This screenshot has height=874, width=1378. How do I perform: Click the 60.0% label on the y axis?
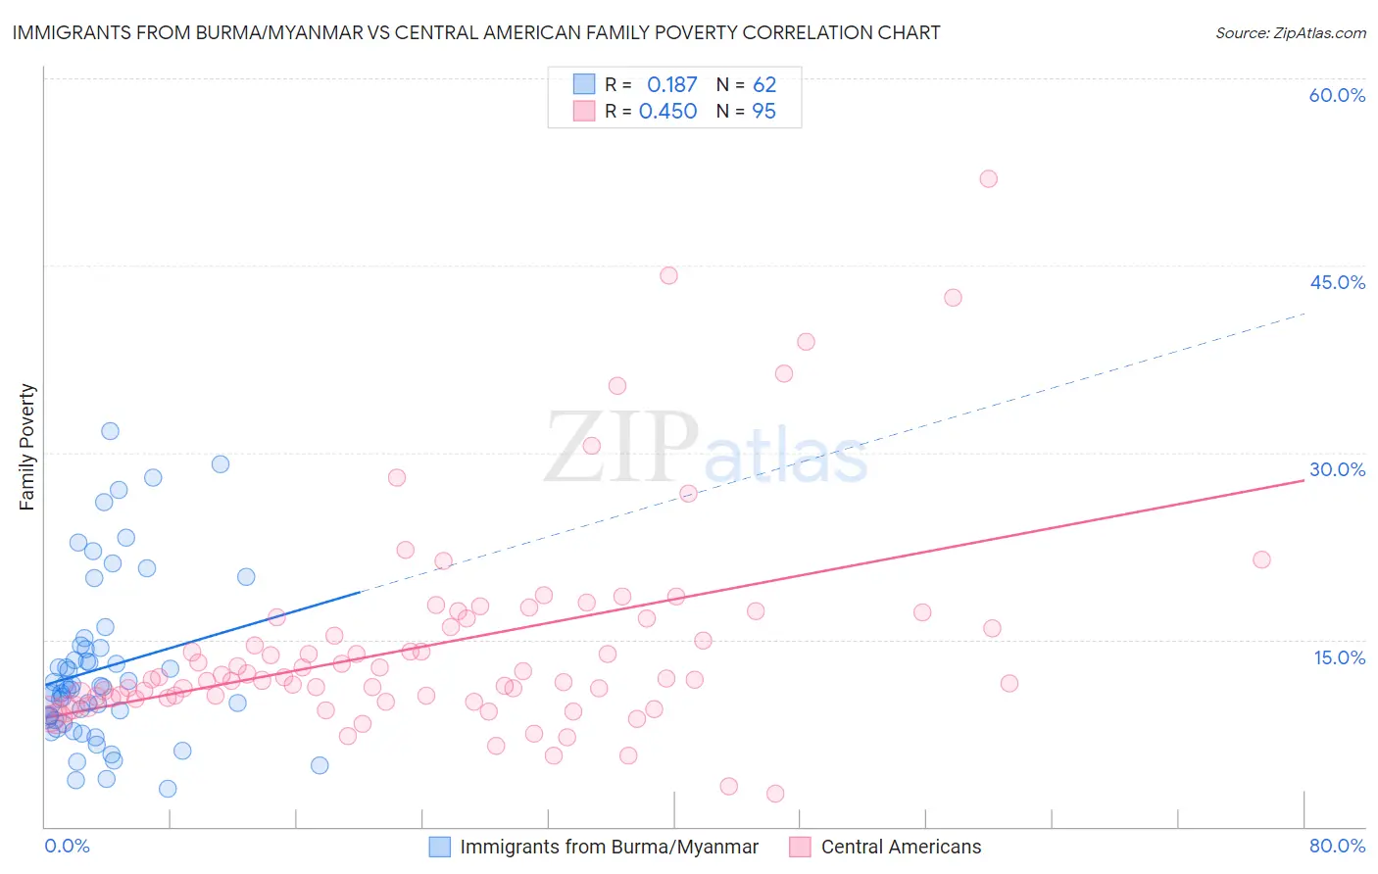point(1337,95)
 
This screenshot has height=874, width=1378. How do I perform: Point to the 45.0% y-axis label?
point(1337,282)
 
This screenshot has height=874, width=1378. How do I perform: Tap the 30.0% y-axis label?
point(1337,469)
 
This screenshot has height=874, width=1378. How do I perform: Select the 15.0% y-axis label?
point(1339,657)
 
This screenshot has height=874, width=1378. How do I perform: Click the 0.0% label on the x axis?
point(67,846)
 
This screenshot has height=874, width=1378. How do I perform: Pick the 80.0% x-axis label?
point(1337,846)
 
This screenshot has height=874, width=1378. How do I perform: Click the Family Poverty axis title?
point(27,447)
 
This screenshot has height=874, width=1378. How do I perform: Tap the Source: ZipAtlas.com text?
point(1290,32)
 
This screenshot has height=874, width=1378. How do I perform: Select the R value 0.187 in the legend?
point(671,85)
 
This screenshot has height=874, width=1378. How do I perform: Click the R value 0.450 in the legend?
point(667,112)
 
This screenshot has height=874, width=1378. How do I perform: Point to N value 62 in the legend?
point(764,85)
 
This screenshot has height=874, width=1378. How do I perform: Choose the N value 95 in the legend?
point(763,112)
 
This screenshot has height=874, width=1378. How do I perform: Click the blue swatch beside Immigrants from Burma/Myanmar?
point(440,847)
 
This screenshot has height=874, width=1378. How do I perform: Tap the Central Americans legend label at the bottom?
point(901,847)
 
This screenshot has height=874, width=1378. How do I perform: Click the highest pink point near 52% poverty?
point(988,178)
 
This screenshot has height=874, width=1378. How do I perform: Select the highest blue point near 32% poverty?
point(110,431)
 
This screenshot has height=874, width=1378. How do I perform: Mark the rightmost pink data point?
point(1261,559)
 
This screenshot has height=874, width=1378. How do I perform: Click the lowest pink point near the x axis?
point(775,794)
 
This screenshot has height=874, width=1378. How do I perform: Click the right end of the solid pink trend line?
point(1304,481)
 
